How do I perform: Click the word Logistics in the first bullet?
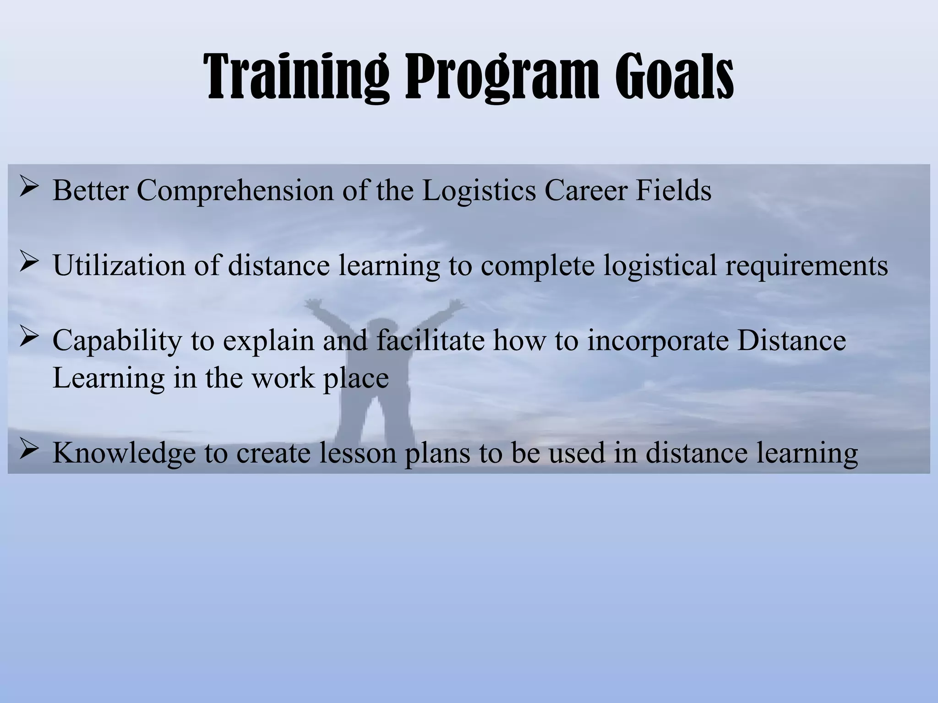tap(479, 191)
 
